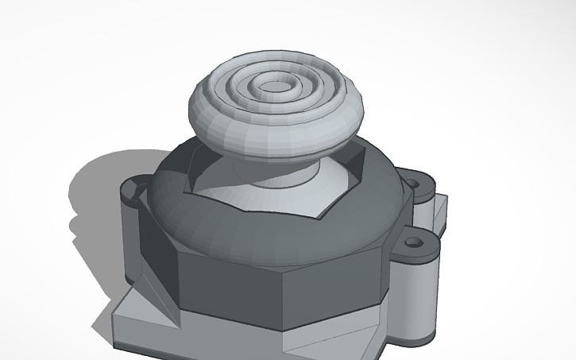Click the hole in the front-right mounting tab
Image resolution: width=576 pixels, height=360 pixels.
(413, 240)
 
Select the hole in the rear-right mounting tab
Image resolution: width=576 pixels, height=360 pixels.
(414, 184)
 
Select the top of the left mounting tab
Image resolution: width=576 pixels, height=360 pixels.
(135, 189)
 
